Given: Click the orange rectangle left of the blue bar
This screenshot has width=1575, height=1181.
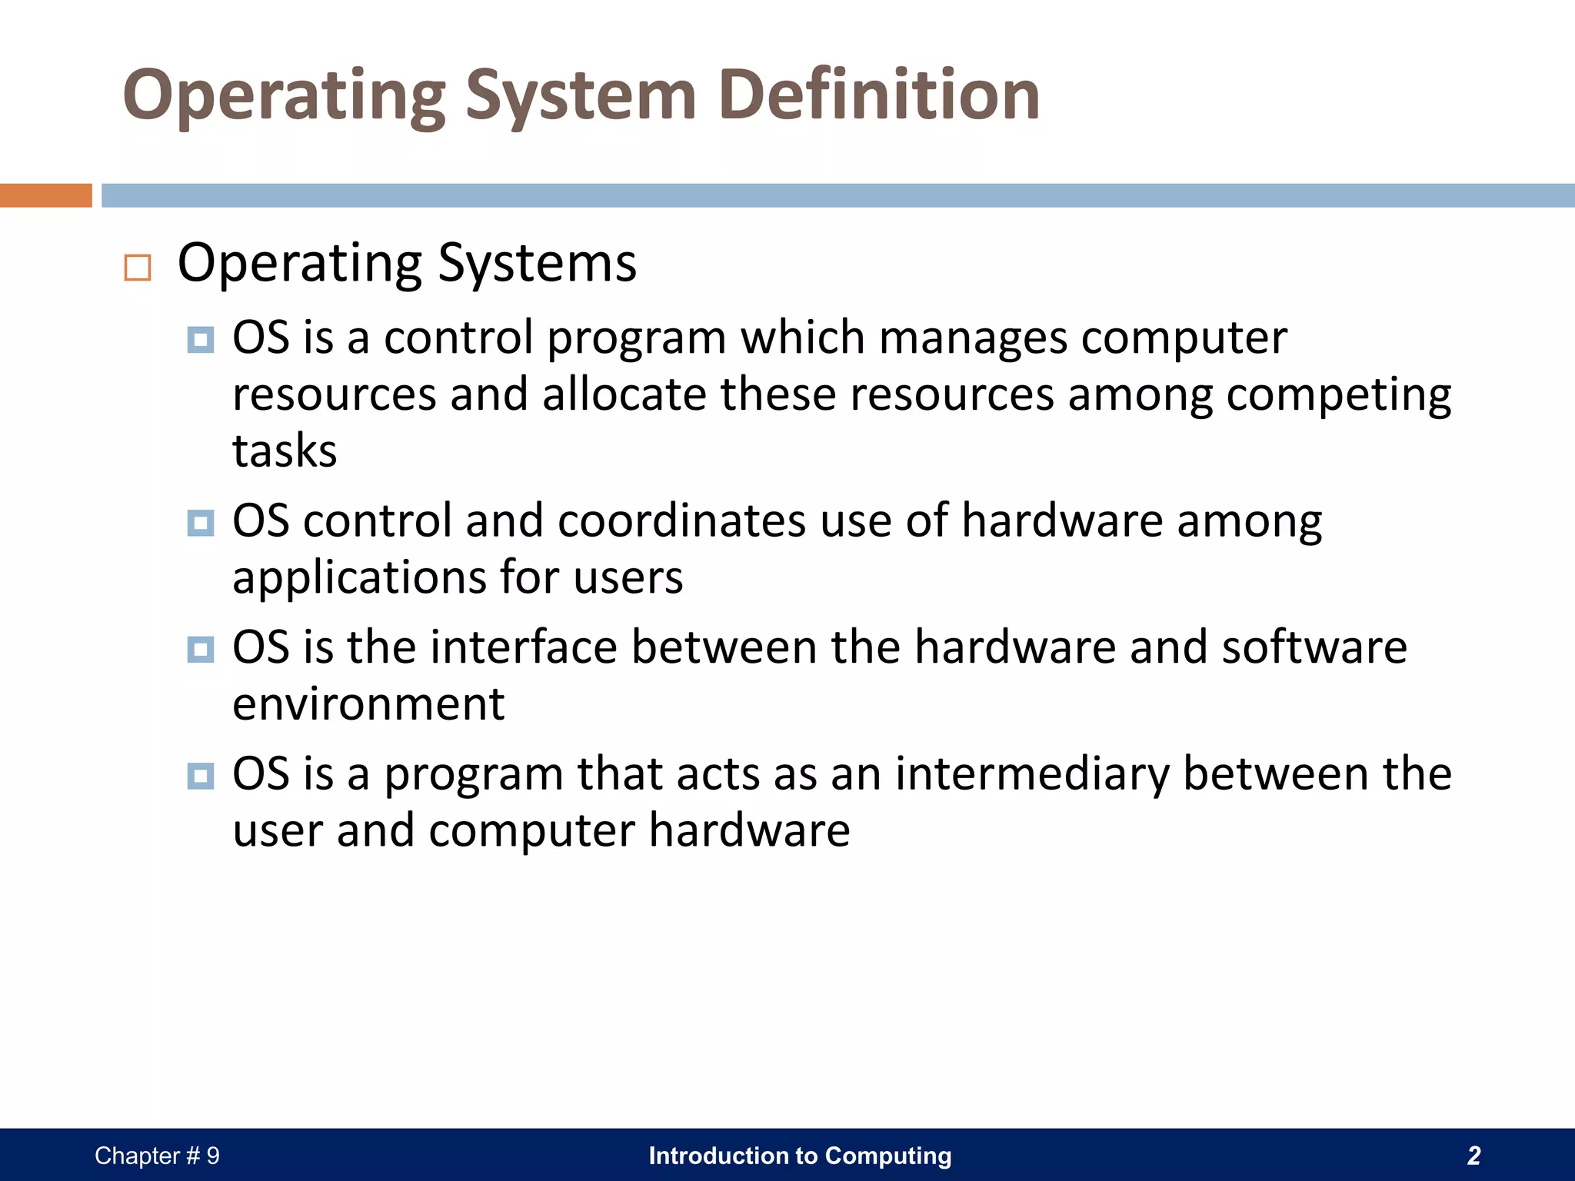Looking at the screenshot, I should [x=45, y=195].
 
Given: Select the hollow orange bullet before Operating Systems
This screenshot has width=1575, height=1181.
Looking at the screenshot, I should [x=138, y=268].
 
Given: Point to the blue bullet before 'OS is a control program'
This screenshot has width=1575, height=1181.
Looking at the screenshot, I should [x=201, y=340].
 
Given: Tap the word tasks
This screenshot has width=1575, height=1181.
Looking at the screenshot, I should [x=285, y=451].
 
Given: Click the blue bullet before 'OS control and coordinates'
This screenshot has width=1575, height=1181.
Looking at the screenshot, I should [x=201, y=524].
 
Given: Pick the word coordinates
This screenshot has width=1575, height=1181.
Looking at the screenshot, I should [x=682, y=521].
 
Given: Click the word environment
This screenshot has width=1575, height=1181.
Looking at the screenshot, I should [x=368, y=704].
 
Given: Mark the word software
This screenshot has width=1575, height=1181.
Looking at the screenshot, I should [x=1314, y=647].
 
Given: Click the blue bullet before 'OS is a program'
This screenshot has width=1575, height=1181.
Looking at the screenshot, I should [x=201, y=776].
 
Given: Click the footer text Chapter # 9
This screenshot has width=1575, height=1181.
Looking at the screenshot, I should [x=157, y=1156].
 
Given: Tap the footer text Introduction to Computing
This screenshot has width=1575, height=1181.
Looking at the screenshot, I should [x=800, y=1156].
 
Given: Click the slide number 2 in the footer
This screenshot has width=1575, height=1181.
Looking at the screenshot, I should [x=1473, y=1156].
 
